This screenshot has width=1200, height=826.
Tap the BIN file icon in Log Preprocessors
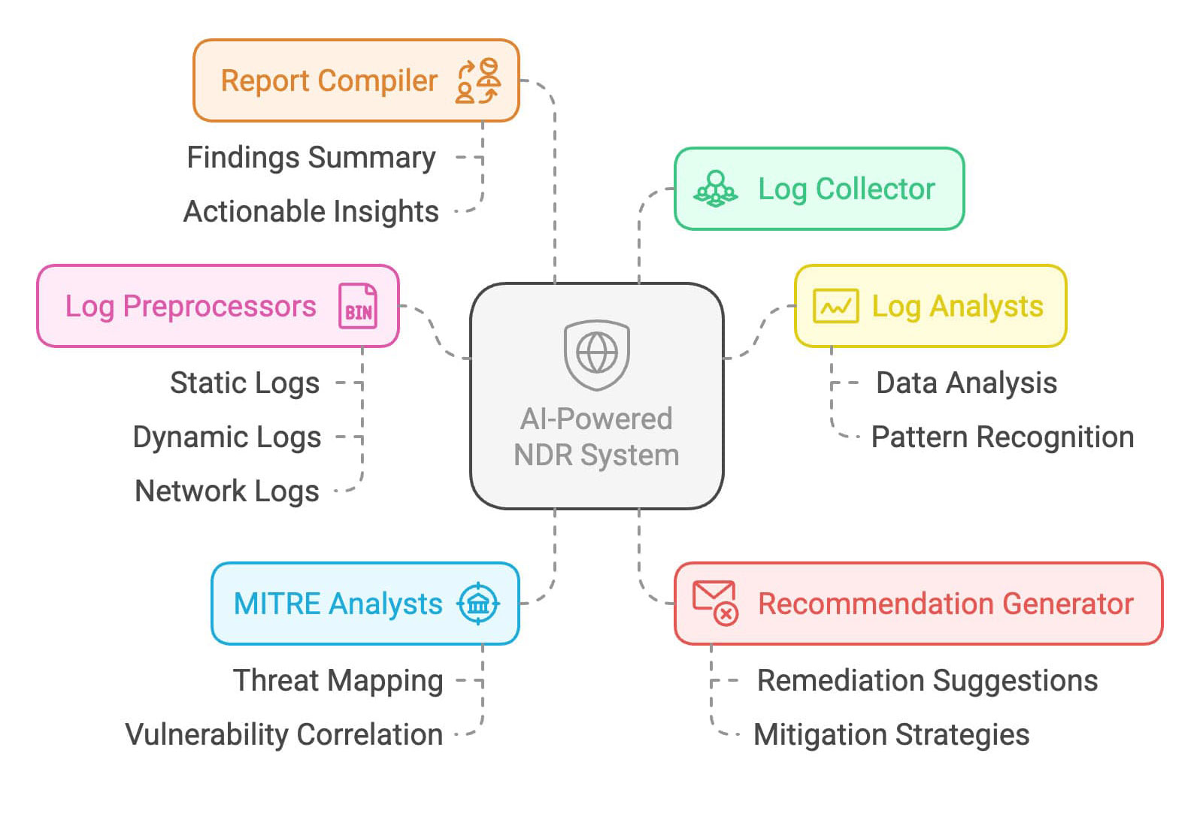(358, 306)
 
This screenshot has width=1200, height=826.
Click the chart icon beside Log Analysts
(835, 306)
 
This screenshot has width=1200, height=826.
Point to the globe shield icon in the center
(597, 354)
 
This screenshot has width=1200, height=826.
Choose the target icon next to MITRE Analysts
(478, 604)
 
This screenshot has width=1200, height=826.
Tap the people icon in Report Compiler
(478, 80)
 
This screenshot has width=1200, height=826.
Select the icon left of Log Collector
(716, 189)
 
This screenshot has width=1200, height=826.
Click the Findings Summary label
(311, 158)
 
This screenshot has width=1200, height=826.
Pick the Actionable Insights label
(311, 212)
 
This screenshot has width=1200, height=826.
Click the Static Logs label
(245, 383)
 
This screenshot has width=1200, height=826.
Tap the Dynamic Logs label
(227, 437)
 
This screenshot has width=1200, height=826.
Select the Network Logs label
(227, 492)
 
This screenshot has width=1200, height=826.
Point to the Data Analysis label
(966, 383)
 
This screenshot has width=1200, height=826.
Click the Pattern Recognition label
(1002, 437)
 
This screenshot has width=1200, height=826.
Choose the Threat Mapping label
(338, 681)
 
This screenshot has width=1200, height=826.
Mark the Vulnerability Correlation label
(284, 735)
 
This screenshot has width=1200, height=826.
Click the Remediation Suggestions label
(927, 681)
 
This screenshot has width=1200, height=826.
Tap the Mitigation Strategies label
(891, 735)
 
